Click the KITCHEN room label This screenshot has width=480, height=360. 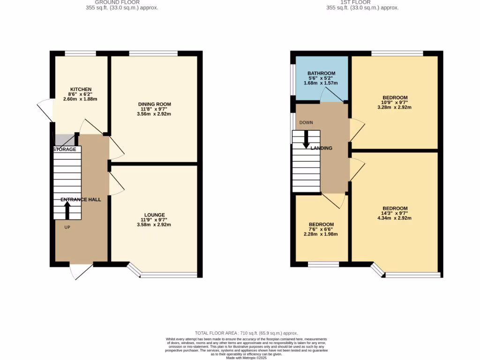[x=81, y=89]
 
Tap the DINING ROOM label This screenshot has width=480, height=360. [x=154, y=104]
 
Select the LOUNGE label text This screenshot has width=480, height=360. [x=154, y=215]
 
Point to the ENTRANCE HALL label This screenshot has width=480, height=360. [x=81, y=200]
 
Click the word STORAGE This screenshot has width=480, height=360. [x=65, y=150]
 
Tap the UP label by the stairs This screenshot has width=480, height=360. [x=67, y=227]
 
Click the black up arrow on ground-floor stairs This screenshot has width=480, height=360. [x=67, y=210]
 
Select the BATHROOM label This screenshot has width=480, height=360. [x=321, y=74]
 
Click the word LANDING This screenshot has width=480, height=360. [x=321, y=148]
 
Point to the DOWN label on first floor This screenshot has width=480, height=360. [x=306, y=123]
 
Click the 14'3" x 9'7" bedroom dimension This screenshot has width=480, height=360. [x=395, y=213]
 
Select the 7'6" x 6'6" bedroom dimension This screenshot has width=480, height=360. [x=321, y=229]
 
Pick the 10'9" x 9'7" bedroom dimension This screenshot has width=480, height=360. [x=395, y=102]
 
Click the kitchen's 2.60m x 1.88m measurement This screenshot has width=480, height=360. [x=81, y=99]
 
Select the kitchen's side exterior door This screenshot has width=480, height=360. [x=46, y=111]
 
